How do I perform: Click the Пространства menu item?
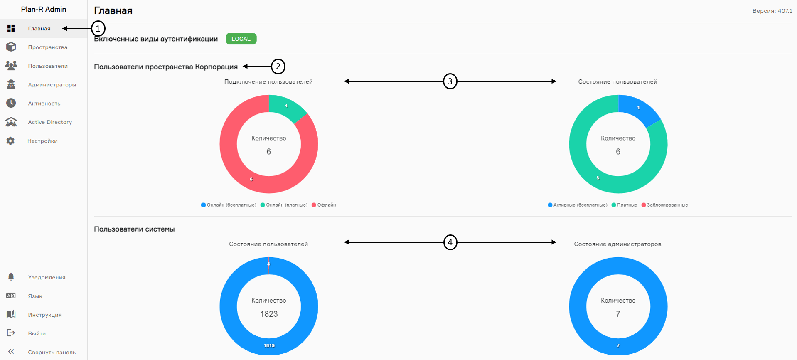[47, 47]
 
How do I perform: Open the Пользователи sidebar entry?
[47, 66]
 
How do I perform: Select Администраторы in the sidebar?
[52, 85]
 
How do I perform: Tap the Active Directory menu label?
[50, 122]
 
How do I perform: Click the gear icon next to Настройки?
[11, 141]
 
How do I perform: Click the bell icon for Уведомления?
[11, 277]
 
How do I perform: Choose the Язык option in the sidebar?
[35, 296]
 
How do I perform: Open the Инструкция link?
[44, 315]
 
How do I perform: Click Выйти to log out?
[37, 334]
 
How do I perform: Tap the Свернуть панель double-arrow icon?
[11, 352]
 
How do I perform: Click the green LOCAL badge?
[241, 39]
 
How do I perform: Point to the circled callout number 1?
[98, 29]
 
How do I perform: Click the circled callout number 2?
[278, 67]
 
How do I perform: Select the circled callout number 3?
[450, 81]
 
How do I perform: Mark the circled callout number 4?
[450, 242]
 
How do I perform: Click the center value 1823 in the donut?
[269, 314]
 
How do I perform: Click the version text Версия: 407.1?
[772, 11]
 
